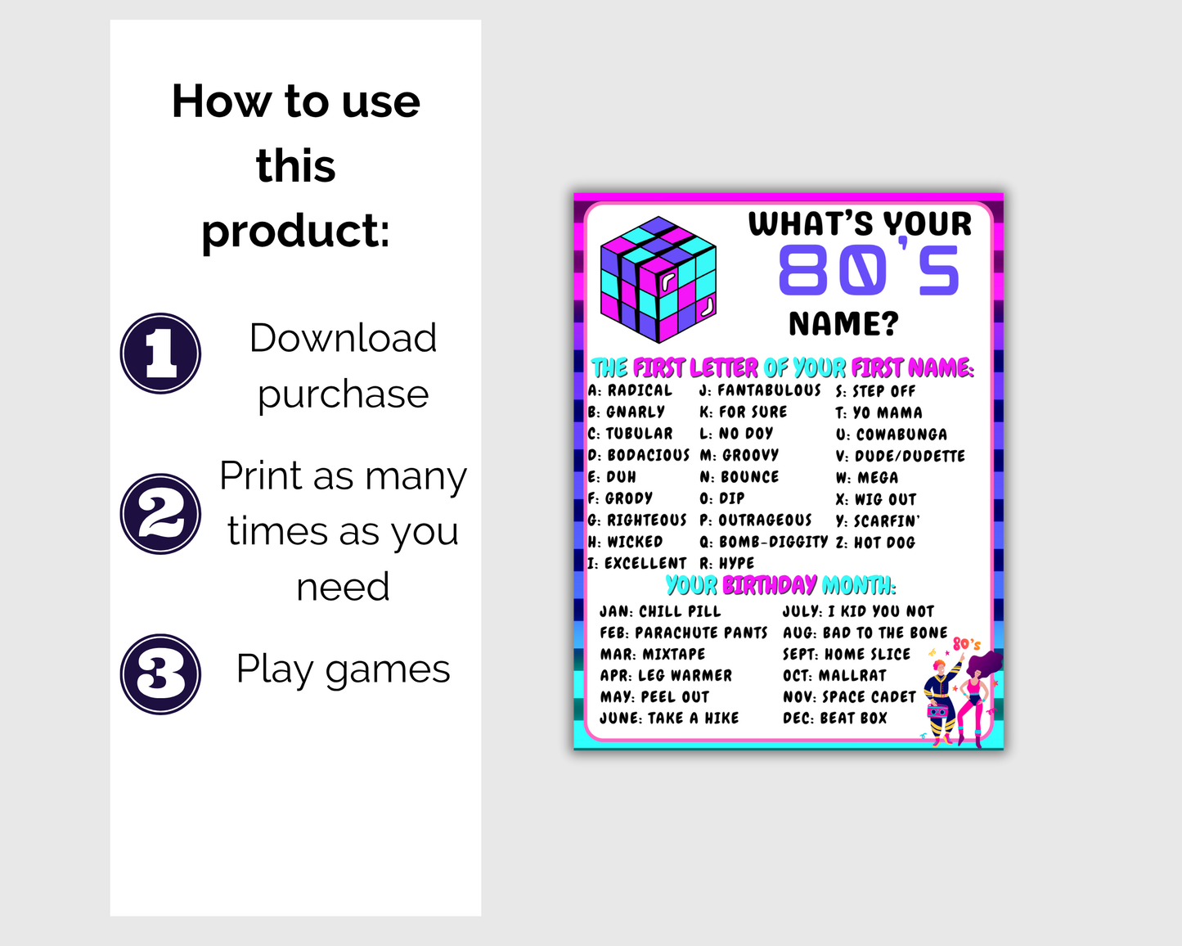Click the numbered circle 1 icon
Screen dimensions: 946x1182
tap(161, 354)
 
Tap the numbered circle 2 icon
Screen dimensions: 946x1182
tap(161, 514)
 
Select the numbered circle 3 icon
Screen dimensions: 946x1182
tap(161, 674)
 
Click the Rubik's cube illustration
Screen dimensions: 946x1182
tap(658, 279)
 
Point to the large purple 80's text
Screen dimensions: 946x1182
tap(868, 271)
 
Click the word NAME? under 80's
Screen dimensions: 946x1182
tap(843, 324)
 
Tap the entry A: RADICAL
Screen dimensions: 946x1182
tap(630, 390)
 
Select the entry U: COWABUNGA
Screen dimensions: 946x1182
tap(891, 435)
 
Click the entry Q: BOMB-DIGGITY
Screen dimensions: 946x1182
tap(763, 542)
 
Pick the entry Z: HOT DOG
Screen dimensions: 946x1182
tap(875, 543)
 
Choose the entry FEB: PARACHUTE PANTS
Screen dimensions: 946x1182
tap(683, 633)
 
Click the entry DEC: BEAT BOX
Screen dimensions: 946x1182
tap(834, 718)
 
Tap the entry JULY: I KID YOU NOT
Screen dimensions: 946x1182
tap(858, 611)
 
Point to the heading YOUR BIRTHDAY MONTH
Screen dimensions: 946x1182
tap(780, 585)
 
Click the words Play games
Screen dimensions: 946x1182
tap(343, 669)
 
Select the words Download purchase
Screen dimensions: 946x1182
tap(343, 366)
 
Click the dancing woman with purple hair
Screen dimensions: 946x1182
tap(977, 696)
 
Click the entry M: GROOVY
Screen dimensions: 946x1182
tap(739, 455)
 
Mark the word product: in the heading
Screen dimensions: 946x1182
tap(295, 232)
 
